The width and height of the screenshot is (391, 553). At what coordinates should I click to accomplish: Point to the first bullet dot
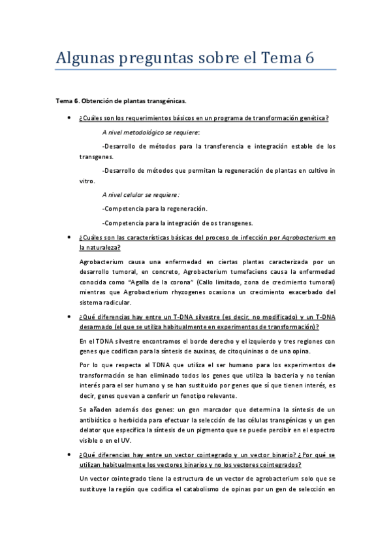point(69,118)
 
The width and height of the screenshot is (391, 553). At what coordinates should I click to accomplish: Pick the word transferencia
point(217,146)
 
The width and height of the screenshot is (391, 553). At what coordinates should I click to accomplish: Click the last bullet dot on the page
point(69,453)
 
